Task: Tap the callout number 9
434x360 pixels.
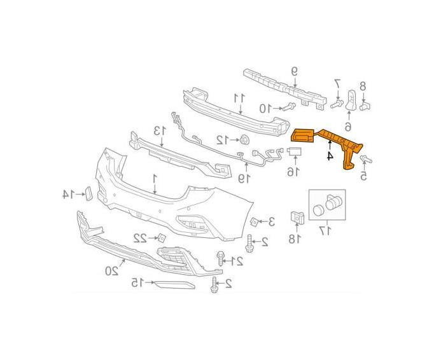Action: (x=295, y=72)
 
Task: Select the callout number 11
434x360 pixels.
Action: (x=240, y=98)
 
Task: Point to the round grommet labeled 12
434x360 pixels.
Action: (x=244, y=140)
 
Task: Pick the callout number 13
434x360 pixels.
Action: (x=160, y=130)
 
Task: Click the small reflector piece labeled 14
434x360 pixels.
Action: (x=88, y=193)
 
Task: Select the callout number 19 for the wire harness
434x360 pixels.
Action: (x=244, y=178)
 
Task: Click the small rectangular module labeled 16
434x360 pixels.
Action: (x=295, y=151)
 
